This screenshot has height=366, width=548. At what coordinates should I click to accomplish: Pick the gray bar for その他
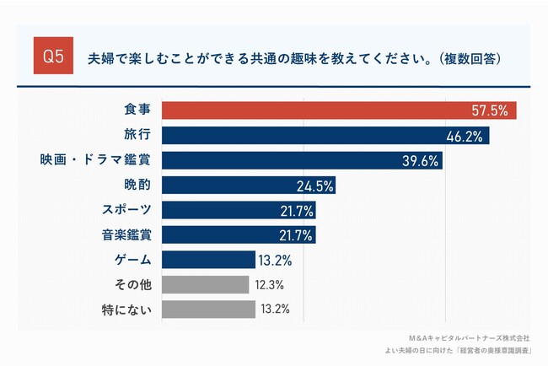[205, 284]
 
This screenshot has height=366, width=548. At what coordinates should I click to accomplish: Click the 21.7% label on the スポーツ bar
[296, 210]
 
